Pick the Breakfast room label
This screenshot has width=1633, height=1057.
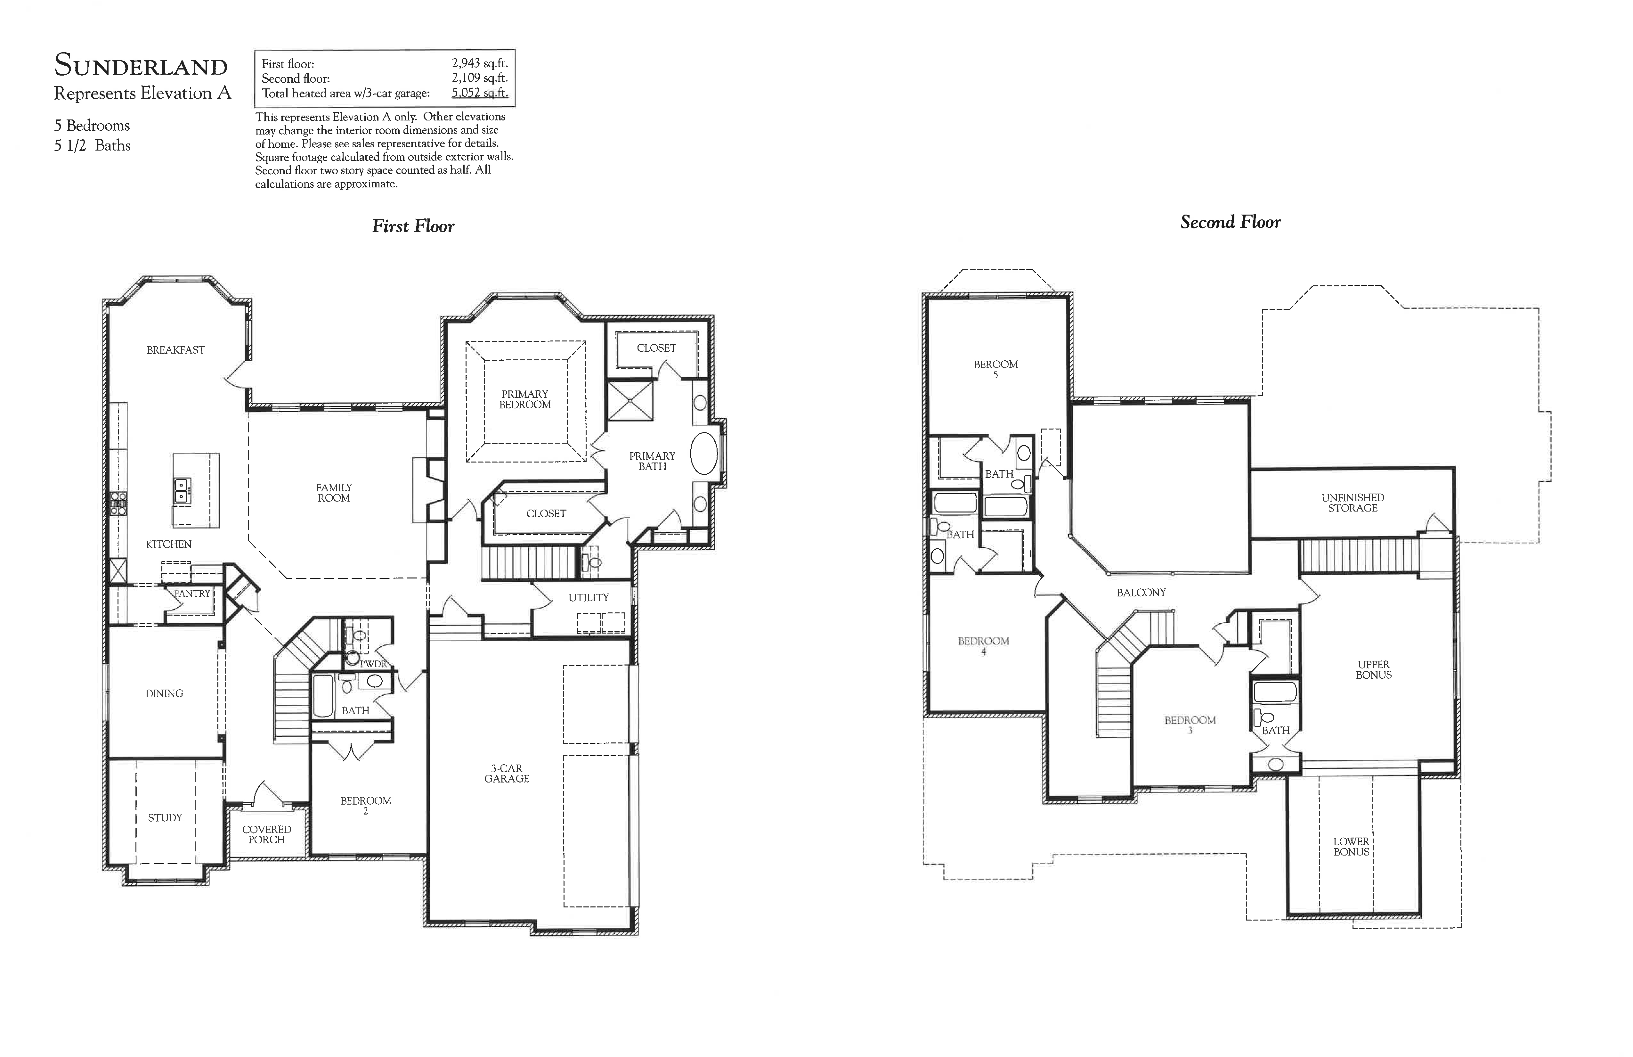176,350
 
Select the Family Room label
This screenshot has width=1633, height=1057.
333,493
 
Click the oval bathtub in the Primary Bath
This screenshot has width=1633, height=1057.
703,455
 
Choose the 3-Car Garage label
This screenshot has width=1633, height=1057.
507,774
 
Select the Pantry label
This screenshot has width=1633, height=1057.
192,594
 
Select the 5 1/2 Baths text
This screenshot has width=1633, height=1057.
93,145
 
